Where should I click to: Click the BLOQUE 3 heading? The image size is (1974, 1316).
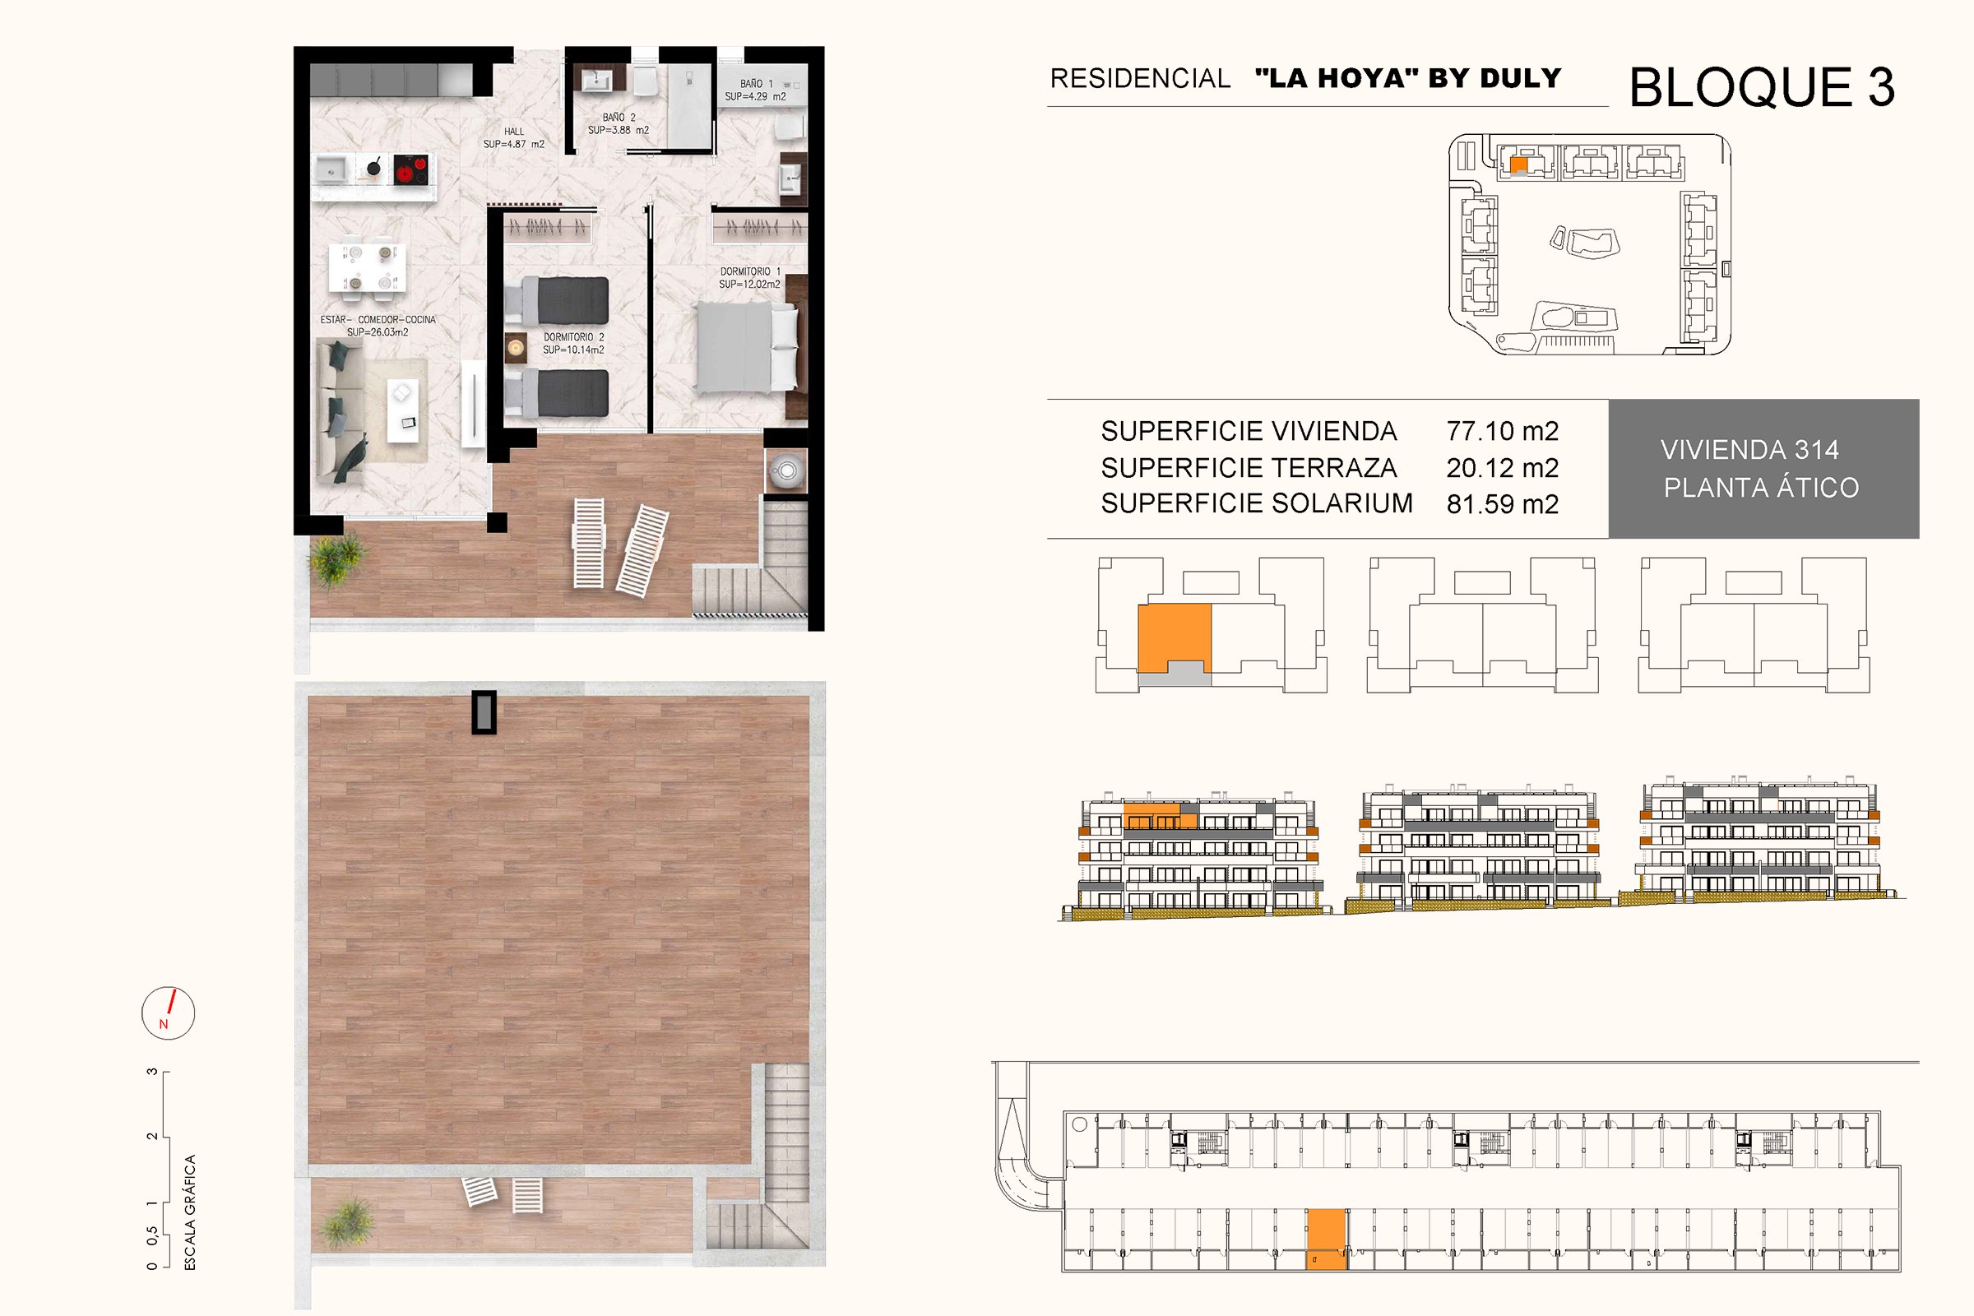coord(1762,87)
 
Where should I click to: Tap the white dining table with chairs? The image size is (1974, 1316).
coord(368,266)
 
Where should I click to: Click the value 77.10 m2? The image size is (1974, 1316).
coord(1503,431)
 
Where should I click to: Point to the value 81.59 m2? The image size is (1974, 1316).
coord(1503,503)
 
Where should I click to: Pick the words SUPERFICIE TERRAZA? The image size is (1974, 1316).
coord(1249,467)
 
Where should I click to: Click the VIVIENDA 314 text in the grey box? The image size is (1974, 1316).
coord(1749,450)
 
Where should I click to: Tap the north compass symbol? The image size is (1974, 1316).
coord(168,1013)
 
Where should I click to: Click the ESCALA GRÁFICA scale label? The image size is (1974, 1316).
coord(190,1212)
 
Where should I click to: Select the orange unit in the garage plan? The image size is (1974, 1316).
coord(1326,1239)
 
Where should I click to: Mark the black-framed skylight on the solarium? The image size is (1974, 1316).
coord(484,712)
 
